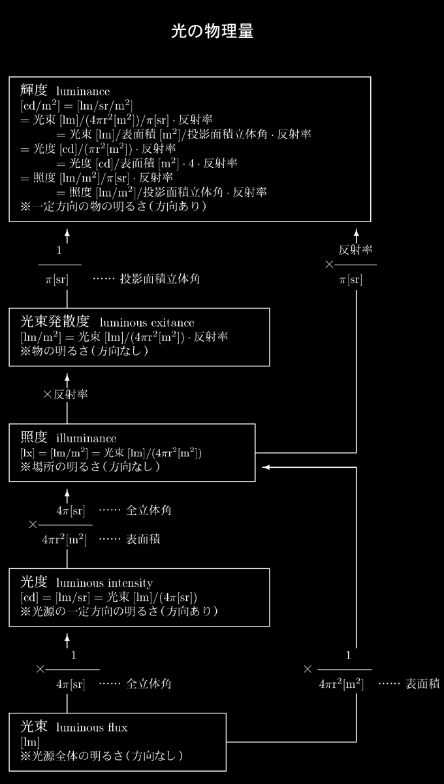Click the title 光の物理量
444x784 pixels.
click(x=212, y=31)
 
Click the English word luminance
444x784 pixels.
click(x=83, y=91)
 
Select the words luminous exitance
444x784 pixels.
click(x=147, y=322)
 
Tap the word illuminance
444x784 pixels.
click(x=86, y=438)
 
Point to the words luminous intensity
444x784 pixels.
click(x=104, y=583)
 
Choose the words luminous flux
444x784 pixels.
click(x=91, y=728)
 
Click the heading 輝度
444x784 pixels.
click(x=33, y=90)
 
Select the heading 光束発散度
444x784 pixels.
click(x=55, y=321)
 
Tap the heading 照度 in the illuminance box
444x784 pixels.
click(x=33, y=437)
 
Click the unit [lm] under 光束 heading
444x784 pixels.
click(x=30, y=742)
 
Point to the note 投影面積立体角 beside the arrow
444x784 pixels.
click(x=160, y=279)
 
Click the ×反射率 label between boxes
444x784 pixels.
click(x=65, y=395)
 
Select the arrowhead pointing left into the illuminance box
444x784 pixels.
click(x=266, y=467)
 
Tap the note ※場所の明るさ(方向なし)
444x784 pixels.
click(x=90, y=466)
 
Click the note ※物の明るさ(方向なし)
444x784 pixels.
click(x=84, y=351)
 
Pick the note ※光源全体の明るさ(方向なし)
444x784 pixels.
click(x=102, y=757)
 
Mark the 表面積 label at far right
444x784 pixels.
click(x=422, y=683)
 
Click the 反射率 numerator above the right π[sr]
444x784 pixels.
click(x=355, y=250)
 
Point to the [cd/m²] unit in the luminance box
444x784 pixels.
click(x=40, y=106)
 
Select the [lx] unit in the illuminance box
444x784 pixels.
click(x=27, y=453)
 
